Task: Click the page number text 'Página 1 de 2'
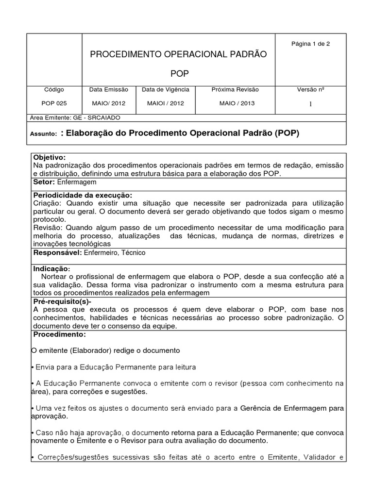coord(310,44)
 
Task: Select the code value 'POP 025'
coord(54,103)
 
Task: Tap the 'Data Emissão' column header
coord(109,90)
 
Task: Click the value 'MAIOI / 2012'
coord(165,103)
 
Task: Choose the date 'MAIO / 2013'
coord(237,103)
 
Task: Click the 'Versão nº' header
coord(310,90)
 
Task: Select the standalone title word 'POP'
coord(179,74)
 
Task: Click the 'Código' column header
coord(54,90)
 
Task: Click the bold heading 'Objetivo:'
coord(49,158)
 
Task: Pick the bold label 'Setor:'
coord(44,182)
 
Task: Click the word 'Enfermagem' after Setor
coord(77,182)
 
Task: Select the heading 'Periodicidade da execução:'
coord(82,195)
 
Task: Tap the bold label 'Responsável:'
coord(58,253)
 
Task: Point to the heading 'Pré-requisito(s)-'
coord(62,301)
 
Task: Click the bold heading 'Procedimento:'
coord(59,335)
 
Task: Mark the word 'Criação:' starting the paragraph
coord(47,203)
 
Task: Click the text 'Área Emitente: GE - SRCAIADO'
coord(75,117)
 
